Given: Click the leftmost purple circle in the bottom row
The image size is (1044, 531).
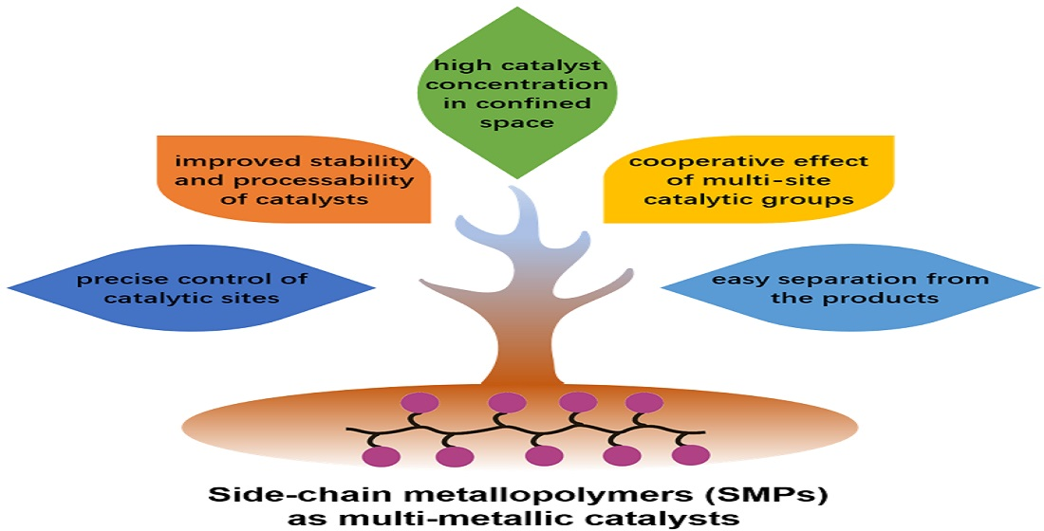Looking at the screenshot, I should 381,458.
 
